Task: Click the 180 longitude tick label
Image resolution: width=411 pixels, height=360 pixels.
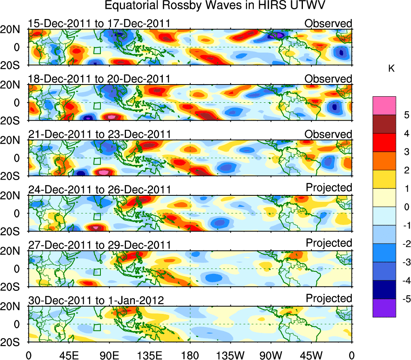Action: click(190, 355)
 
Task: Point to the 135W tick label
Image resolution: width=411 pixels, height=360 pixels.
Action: click(230, 355)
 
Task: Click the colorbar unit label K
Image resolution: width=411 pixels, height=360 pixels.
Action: click(391, 69)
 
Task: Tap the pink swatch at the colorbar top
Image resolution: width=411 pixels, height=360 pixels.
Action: click(384, 106)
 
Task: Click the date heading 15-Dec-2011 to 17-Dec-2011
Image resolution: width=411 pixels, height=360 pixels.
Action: click(99, 24)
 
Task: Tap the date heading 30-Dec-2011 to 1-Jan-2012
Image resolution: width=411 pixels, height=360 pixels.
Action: click(96, 301)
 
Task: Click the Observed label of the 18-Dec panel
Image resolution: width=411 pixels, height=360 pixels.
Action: click(328, 79)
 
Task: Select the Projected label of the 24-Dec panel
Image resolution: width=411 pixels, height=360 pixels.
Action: click(329, 188)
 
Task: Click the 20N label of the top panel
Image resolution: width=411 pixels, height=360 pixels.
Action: click(13, 29)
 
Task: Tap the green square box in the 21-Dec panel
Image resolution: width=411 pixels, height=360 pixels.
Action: click(97, 160)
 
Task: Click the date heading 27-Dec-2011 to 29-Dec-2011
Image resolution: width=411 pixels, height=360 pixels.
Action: click(99, 245)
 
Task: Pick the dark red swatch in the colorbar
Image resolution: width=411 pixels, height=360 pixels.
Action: click(384, 124)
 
